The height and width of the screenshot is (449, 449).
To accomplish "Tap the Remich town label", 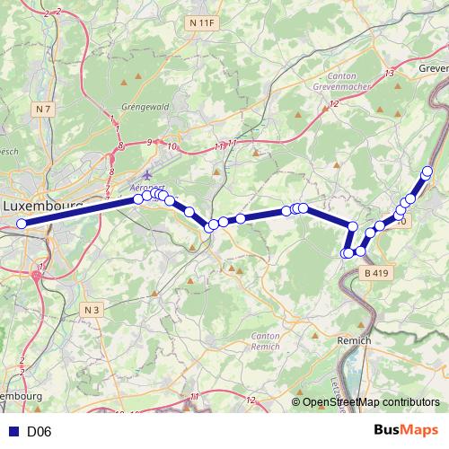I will (353, 341).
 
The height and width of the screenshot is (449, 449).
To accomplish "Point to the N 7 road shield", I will (43, 109).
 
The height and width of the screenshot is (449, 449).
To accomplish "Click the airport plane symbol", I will (147, 174).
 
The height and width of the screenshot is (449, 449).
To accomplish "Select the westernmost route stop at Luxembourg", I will (22, 224).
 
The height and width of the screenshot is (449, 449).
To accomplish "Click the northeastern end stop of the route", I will (427, 171).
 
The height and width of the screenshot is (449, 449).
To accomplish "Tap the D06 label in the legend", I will (40, 432).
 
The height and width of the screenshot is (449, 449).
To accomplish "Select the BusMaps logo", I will (408, 430).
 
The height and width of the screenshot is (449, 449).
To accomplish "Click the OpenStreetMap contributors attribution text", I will (372, 403).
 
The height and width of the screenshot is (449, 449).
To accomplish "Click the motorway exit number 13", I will (390, 73).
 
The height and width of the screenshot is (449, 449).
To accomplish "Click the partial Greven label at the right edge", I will (433, 67).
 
